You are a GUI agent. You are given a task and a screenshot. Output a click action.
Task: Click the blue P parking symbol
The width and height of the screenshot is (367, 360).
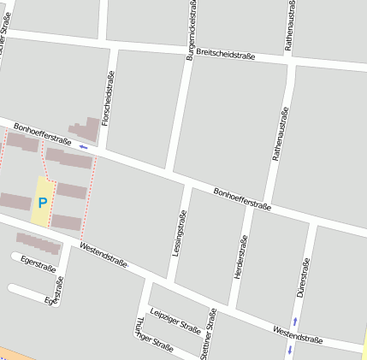point(42,203)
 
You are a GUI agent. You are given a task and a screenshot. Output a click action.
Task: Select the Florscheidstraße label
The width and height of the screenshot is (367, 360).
point(108,98)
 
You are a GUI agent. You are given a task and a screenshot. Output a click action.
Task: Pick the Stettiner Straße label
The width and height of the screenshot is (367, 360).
point(208,334)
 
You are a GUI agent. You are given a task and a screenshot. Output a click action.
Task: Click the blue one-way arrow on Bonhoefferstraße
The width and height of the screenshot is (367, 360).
point(83,147)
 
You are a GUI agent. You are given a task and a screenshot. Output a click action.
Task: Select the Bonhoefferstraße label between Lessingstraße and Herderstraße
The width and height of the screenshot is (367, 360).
point(242,199)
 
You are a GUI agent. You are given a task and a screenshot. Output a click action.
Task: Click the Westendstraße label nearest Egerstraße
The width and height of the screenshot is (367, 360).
point(103,256)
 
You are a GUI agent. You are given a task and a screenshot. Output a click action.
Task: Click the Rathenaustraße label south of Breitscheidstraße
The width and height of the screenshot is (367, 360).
point(279,134)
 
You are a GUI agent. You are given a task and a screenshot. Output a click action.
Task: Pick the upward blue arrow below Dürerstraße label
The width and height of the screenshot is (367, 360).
point(294,322)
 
